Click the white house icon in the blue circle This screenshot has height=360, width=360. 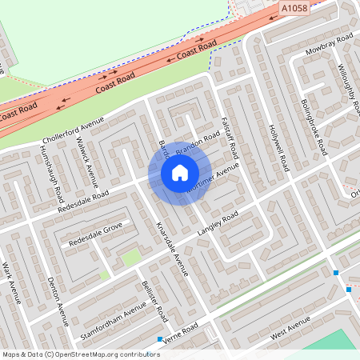[179, 173]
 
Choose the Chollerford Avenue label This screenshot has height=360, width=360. [74, 133]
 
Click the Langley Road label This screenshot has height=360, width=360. [218, 225]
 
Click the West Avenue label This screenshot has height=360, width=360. [290, 327]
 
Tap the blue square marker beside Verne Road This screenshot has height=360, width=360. [160, 339]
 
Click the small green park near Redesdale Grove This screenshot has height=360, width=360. [130, 258]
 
